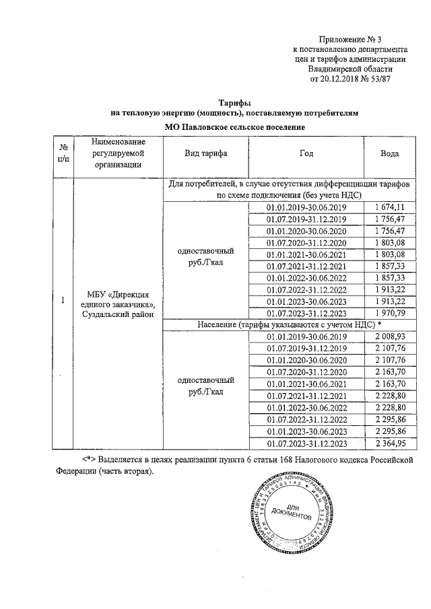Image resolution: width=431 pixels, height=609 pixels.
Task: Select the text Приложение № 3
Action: [x=348, y=40]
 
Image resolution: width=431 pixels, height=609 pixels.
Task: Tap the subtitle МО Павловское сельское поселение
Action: [x=235, y=127]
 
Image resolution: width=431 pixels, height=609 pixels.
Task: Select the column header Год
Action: [x=306, y=153]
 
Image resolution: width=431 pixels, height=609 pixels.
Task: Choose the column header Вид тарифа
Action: [x=205, y=153]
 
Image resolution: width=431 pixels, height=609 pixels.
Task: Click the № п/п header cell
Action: [x=63, y=153]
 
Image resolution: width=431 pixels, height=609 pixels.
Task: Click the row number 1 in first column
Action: [x=62, y=301]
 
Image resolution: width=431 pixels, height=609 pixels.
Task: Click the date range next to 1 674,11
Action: [x=306, y=207]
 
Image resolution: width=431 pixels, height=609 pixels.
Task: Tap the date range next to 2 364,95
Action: [x=306, y=443]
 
